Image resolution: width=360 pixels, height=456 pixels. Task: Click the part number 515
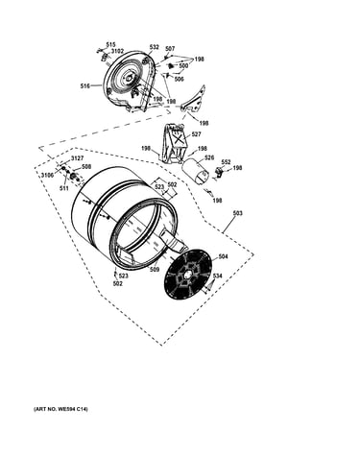click(x=110, y=45)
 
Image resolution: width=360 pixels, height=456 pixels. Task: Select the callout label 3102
click(x=117, y=51)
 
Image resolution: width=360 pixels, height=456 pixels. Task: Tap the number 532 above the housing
click(x=154, y=47)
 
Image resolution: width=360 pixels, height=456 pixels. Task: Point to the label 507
click(x=170, y=49)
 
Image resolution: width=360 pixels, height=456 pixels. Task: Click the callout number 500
click(x=183, y=65)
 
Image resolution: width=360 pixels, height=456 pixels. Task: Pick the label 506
click(x=180, y=79)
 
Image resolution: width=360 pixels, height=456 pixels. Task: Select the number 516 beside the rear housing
click(x=85, y=85)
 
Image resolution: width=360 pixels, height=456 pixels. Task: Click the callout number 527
click(x=196, y=134)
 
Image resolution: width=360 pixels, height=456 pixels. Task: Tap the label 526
click(x=209, y=157)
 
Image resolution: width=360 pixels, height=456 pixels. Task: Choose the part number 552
click(x=226, y=162)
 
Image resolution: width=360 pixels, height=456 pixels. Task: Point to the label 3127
click(x=77, y=158)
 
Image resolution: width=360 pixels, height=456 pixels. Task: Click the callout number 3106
click(x=47, y=175)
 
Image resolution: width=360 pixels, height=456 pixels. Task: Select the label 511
click(x=64, y=188)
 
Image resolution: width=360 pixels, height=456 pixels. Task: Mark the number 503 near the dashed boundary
click(x=238, y=213)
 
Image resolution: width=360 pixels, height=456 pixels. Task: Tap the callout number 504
click(x=223, y=256)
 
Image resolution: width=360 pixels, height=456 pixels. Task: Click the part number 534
click(x=217, y=276)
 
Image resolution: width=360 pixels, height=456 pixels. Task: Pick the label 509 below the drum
click(x=155, y=270)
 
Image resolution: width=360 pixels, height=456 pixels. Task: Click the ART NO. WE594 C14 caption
click(x=60, y=409)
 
